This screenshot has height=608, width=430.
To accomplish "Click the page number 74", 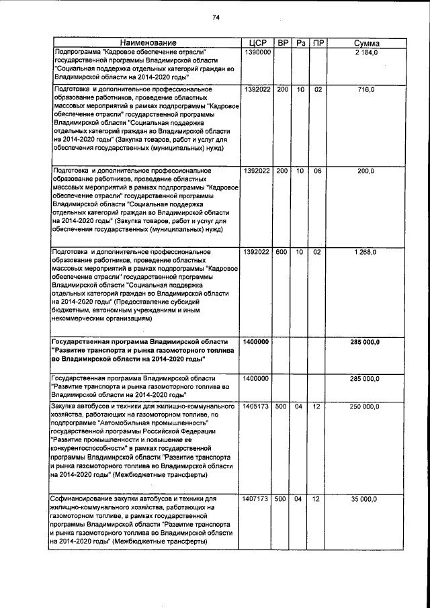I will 216,17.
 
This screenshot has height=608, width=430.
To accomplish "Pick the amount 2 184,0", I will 368,52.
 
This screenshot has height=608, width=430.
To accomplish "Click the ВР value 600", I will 282,252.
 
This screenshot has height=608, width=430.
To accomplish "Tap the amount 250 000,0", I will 365,406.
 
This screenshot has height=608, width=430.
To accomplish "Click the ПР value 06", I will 318,171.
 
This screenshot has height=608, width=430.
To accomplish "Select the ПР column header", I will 318,43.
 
